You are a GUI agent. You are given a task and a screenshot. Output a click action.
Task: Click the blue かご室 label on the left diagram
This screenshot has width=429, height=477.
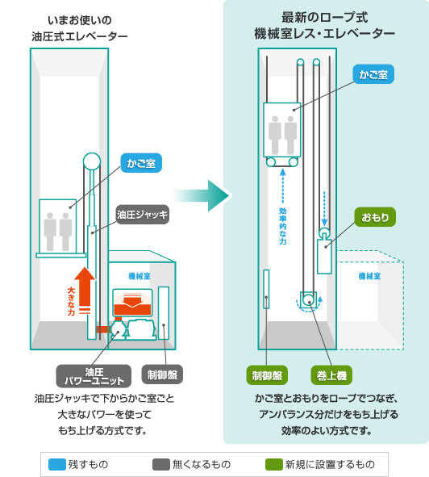[141, 163]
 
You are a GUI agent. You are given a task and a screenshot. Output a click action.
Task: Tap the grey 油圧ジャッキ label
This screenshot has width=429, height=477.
[142, 215]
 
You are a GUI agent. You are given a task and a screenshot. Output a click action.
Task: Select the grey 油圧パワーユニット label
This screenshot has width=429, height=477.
[94, 376]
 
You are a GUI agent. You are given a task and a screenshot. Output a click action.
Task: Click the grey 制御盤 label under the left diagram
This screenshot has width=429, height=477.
[162, 374]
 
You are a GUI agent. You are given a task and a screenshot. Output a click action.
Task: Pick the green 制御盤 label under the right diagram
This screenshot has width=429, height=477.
[267, 375]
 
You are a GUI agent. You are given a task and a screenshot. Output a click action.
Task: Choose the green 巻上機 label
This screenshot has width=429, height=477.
[331, 375]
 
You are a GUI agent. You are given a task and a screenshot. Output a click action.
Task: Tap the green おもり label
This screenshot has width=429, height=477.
[375, 217]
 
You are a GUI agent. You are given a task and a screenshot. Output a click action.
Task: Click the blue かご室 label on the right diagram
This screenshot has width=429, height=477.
[373, 74]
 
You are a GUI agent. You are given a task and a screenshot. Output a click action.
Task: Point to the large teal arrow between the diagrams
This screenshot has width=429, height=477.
[202, 195]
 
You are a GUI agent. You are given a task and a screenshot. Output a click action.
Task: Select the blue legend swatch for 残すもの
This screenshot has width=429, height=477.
[57, 465]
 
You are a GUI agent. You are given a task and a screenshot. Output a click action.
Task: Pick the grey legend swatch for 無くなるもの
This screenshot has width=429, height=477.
[161, 465]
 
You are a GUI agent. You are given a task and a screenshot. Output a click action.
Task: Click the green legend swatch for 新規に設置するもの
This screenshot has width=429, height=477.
[274, 465]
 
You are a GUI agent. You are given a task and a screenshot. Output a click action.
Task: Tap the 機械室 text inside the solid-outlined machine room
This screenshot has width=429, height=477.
[140, 276]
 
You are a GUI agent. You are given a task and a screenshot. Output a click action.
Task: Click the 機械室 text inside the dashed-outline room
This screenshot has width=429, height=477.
[369, 276]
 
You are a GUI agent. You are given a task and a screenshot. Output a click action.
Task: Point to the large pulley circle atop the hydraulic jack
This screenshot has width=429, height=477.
[92, 161]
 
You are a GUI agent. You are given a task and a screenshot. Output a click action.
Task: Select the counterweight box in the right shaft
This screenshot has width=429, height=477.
[324, 257]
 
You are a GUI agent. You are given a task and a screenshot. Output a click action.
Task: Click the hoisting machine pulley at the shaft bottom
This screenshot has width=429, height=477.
[309, 300]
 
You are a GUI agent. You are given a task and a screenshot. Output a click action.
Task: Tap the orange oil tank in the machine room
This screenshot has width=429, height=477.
[132, 303]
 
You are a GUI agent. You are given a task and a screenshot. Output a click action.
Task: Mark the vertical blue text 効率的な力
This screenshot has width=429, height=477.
[283, 226]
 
